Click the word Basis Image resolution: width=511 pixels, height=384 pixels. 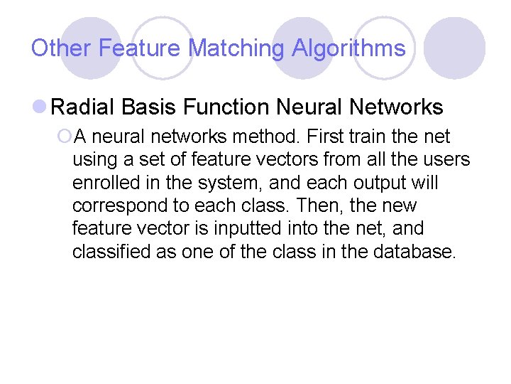tap(149, 107)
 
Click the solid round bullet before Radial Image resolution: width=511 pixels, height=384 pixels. tap(40, 108)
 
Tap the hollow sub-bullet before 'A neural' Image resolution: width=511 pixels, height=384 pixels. tap(65, 137)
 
